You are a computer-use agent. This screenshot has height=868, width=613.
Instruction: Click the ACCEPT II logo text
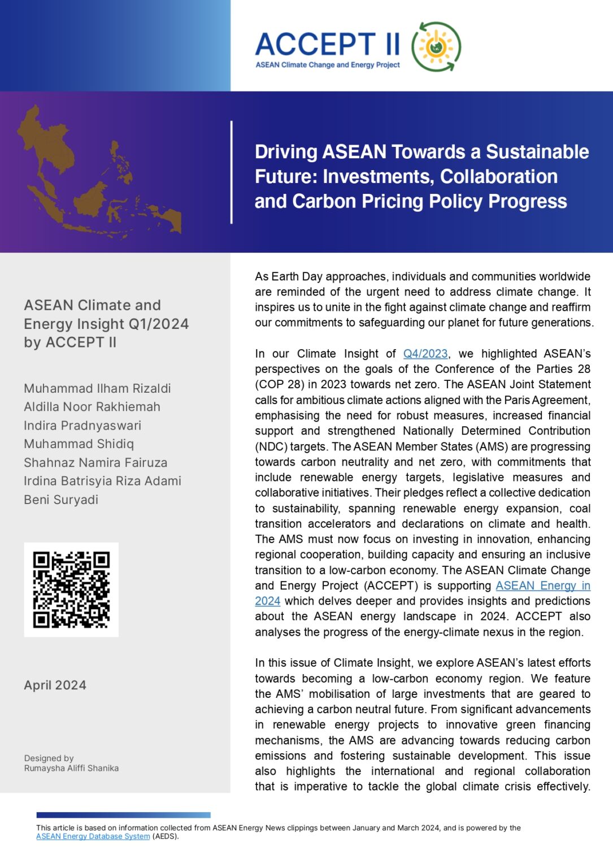[x=328, y=44]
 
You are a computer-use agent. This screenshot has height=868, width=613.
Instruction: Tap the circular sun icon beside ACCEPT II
[x=436, y=47]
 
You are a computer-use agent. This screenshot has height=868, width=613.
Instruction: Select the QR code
[x=71, y=589]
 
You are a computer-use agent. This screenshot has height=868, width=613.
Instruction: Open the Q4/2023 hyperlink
[x=425, y=354]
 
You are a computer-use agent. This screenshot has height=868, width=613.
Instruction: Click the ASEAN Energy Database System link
[x=93, y=836]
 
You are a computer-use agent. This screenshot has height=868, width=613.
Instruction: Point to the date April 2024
[x=55, y=685]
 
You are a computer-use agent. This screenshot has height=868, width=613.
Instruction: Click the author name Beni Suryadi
[x=61, y=500]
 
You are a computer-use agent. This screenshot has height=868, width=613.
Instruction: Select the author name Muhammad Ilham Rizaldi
[x=97, y=388]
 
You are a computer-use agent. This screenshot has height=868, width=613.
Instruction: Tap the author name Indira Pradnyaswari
[x=82, y=426]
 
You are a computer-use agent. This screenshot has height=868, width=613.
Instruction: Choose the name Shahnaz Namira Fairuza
[x=95, y=462]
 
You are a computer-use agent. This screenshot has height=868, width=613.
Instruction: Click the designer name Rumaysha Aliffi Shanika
[x=71, y=768]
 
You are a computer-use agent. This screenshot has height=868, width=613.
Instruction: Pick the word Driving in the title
[x=286, y=152]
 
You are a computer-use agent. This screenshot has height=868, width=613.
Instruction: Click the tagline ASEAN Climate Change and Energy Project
[x=328, y=65]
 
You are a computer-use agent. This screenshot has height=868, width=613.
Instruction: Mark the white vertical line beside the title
[x=232, y=172]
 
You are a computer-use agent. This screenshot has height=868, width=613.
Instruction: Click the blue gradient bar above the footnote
[x=123, y=815]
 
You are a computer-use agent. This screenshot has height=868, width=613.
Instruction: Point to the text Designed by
[x=49, y=758]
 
